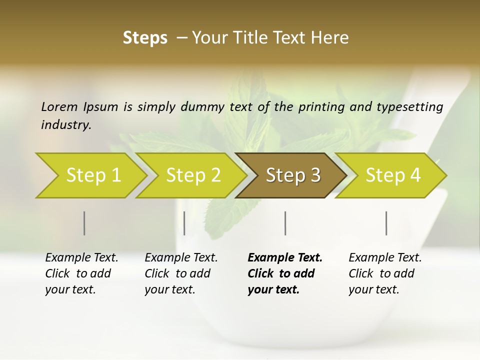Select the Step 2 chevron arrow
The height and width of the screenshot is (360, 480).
tap(193, 175)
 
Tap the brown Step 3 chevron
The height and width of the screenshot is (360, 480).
tap(293, 175)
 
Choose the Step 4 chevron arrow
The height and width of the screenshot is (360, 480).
tap(393, 175)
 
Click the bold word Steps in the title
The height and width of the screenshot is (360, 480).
tap(145, 38)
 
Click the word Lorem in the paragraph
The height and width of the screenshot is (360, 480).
tap(59, 106)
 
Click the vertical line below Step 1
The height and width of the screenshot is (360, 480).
tap(84, 223)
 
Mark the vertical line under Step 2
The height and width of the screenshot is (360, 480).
tap(184, 223)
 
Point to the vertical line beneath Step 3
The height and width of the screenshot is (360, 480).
tap(285, 223)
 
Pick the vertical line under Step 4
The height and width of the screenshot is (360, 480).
tap(386, 223)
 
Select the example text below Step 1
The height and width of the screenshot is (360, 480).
tap(81, 273)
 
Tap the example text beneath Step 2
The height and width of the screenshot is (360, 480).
tap(181, 273)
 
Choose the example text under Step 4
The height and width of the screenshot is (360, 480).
tap(385, 273)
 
